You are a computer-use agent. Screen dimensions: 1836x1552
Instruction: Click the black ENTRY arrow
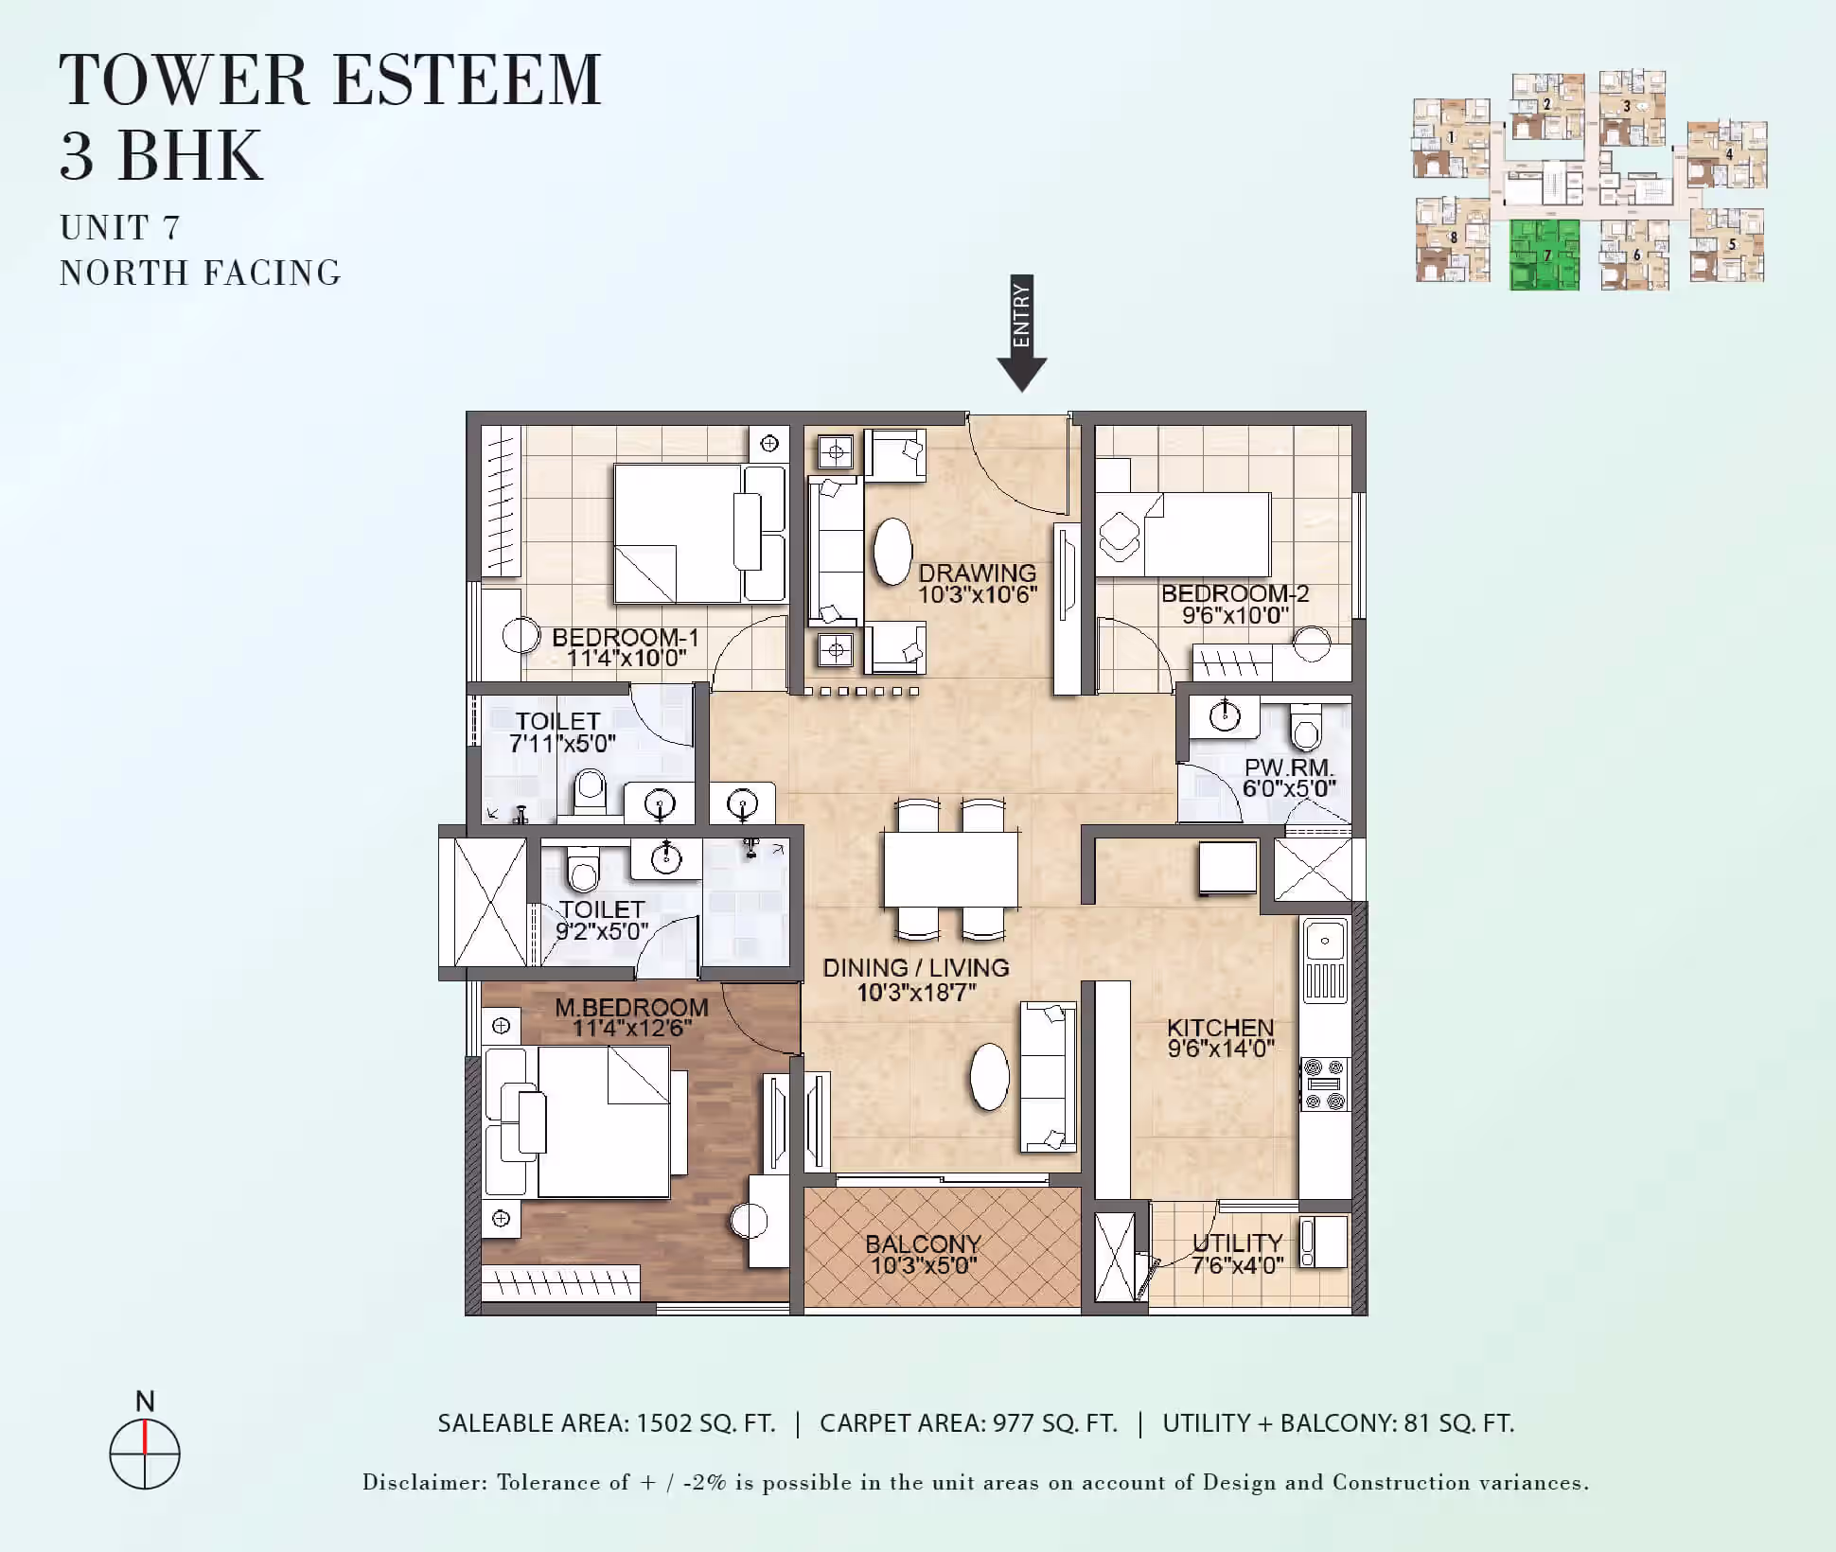pos(1021,333)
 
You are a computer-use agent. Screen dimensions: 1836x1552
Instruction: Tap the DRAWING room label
pos(977,573)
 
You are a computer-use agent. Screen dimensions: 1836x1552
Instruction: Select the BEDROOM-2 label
pos(1235,593)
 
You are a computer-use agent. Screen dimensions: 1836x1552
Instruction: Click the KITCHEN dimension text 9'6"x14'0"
pos(1221,1049)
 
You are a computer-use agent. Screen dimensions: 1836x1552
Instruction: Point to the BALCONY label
pos(923,1243)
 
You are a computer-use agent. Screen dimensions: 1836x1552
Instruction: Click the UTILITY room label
pos(1237,1243)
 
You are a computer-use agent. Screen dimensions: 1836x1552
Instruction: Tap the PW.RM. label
pos(1288,767)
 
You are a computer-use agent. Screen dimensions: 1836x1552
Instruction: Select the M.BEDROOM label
pos(631,1008)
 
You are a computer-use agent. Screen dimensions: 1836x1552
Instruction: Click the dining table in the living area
pos(951,870)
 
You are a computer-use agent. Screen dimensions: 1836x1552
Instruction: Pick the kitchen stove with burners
pos(1325,1085)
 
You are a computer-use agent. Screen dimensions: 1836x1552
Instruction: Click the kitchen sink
pos(1325,960)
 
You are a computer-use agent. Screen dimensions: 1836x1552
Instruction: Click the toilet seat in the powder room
pos(1306,727)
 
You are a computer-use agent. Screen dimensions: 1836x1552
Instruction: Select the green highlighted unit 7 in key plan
pos(1545,255)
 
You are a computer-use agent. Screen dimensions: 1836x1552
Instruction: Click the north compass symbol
pos(145,1454)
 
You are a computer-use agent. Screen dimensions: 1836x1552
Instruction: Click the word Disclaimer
pos(422,1482)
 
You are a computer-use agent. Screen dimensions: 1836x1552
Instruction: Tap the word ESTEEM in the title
pos(468,79)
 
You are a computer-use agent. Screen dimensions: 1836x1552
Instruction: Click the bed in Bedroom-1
pos(699,534)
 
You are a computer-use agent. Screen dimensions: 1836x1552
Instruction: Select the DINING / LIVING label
pos(915,968)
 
